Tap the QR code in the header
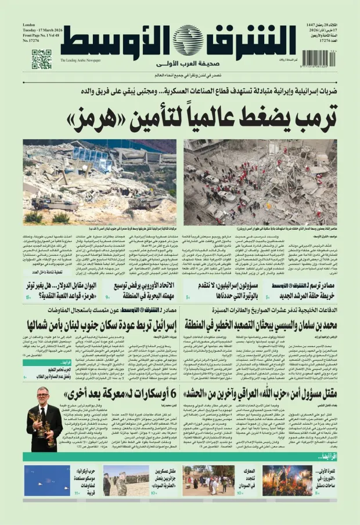(x=42, y=59)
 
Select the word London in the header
(x=29, y=25)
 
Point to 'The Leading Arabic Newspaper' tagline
(x=81, y=60)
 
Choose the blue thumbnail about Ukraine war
(x=46, y=480)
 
